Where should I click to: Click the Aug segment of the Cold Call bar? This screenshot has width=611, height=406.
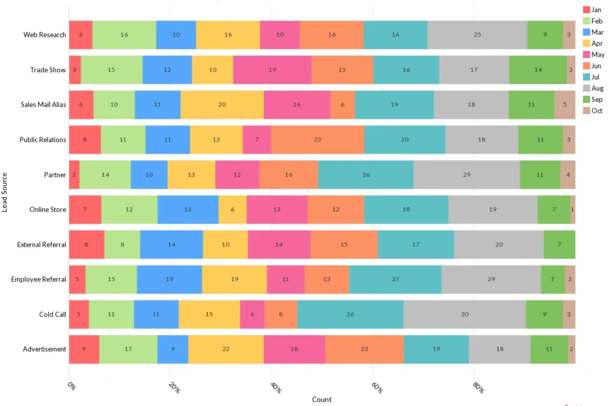point(464,314)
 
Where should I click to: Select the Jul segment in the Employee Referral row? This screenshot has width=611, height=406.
point(395,279)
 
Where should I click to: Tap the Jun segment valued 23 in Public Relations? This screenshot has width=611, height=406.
point(317,139)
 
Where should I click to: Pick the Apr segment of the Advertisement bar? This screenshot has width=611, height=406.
point(226,349)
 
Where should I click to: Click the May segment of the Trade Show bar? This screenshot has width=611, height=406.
point(272,70)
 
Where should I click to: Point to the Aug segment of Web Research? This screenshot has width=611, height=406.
point(477,35)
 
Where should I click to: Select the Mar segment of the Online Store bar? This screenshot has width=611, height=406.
point(188,210)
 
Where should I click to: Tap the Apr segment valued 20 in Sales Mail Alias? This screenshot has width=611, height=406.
point(222,104)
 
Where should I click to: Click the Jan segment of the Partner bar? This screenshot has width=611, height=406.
point(74,174)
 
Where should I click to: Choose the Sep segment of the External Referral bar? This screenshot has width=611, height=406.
point(559,244)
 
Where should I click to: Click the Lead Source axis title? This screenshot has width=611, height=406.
point(5,192)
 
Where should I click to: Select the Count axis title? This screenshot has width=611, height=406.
point(322,399)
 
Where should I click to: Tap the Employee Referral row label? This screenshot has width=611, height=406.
point(38,279)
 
